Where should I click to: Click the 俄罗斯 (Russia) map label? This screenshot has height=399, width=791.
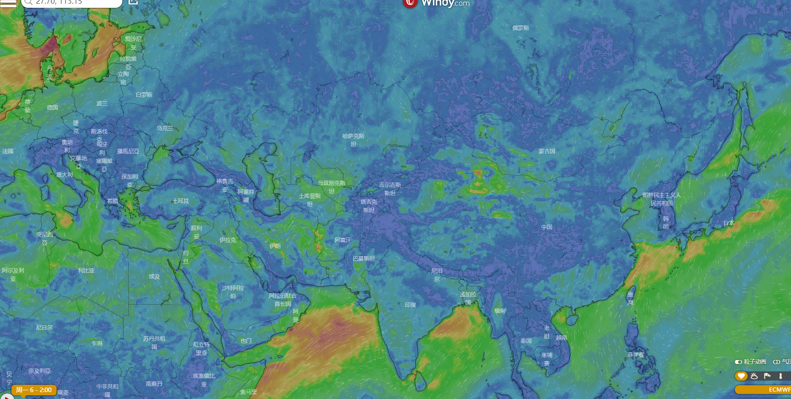(x=521, y=28)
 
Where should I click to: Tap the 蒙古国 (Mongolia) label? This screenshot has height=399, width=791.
(x=547, y=151)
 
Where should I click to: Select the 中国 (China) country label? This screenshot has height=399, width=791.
(x=546, y=227)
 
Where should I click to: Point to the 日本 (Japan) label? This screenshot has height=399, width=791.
(x=728, y=223)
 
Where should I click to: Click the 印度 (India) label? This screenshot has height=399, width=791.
(x=410, y=305)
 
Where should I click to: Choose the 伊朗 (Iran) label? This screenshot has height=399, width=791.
(x=275, y=246)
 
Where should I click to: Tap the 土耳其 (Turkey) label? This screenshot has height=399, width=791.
(x=181, y=201)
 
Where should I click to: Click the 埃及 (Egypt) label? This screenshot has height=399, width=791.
(x=155, y=277)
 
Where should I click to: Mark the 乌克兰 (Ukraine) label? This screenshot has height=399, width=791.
(x=165, y=128)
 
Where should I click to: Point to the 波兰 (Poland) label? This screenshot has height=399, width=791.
(x=102, y=104)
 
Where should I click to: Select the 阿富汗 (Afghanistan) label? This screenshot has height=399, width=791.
(x=343, y=240)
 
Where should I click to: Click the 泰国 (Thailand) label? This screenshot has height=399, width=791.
(x=526, y=341)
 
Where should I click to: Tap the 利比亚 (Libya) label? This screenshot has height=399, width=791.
(x=86, y=271)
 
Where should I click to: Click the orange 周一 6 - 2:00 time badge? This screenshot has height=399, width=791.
(x=34, y=390)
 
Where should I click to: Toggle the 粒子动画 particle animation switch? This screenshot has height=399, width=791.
(x=739, y=362)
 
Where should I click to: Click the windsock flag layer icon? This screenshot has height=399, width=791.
(x=767, y=376)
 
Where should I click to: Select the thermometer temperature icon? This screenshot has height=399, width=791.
(x=780, y=376)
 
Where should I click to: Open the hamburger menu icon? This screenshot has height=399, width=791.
(x=8, y=3)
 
